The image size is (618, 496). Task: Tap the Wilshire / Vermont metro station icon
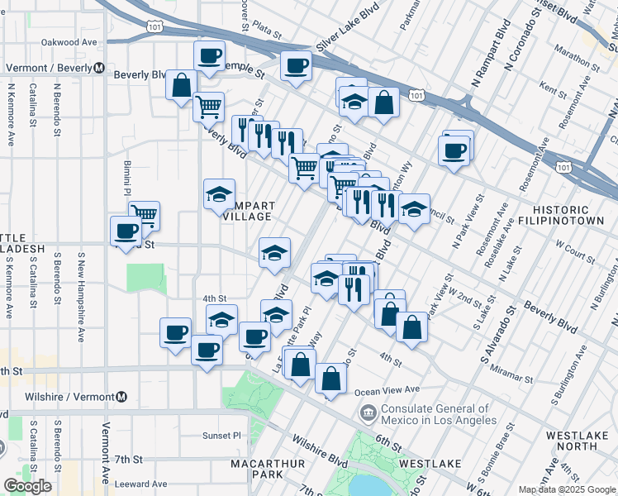coord(122,398)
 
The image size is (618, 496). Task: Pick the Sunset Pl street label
coord(221,435)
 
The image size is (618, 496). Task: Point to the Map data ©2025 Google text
coord(567,489)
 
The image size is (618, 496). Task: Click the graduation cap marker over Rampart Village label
coord(219,195)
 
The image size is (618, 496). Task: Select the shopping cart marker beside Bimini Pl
coord(144,216)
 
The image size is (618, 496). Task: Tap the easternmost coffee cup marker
coord(455,151)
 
